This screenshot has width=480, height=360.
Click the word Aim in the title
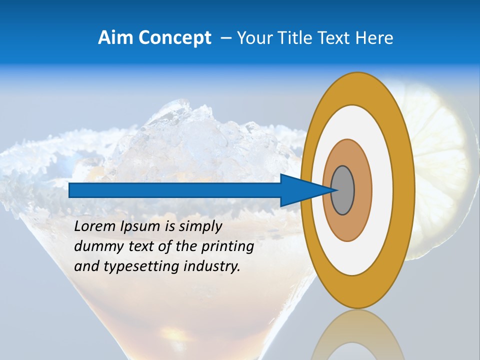click(x=115, y=38)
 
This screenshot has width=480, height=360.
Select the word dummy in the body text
click(x=95, y=246)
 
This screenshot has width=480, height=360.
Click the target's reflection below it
click(x=357, y=335)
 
